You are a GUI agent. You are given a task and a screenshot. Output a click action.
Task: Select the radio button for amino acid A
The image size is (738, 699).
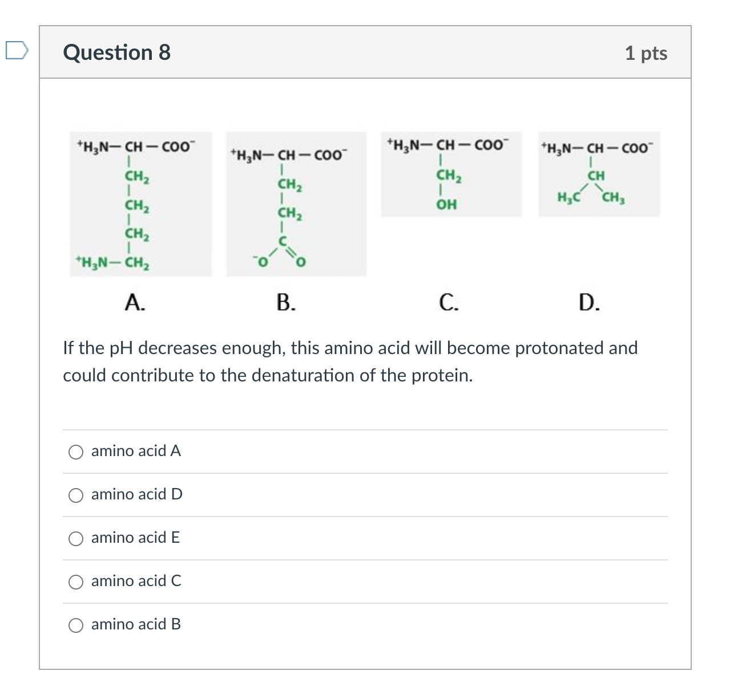tap(76, 452)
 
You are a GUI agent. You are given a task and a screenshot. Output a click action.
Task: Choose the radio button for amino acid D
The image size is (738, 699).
tap(76, 495)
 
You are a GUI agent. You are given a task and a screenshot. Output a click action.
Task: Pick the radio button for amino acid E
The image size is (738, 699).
tap(76, 539)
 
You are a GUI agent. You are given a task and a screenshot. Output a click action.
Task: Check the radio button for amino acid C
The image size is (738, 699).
tap(76, 582)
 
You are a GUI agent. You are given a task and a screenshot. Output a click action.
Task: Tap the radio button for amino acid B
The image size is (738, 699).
tap(76, 625)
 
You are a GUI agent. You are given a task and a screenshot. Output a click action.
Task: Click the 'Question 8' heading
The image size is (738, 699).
tap(116, 52)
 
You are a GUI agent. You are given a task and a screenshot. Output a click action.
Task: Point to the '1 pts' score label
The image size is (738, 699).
tap(646, 53)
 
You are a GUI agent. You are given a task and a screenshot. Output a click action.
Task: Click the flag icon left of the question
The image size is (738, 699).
tap(16, 50)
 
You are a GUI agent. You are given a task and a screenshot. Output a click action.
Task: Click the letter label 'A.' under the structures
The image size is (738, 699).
tap(135, 302)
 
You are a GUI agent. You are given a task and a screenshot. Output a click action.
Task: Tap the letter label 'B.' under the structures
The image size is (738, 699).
tap(286, 302)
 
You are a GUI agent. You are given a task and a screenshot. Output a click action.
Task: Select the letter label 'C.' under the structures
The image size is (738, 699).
tap(449, 302)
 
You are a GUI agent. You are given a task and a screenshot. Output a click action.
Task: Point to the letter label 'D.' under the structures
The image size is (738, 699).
tap(588, 302)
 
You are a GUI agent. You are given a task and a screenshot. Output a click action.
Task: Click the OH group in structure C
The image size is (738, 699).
tap(446, 204)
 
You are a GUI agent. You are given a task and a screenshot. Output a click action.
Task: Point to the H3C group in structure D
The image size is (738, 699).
tap(568, 198)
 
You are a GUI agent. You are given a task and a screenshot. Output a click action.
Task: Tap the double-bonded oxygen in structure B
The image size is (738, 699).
tap(301, 262)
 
